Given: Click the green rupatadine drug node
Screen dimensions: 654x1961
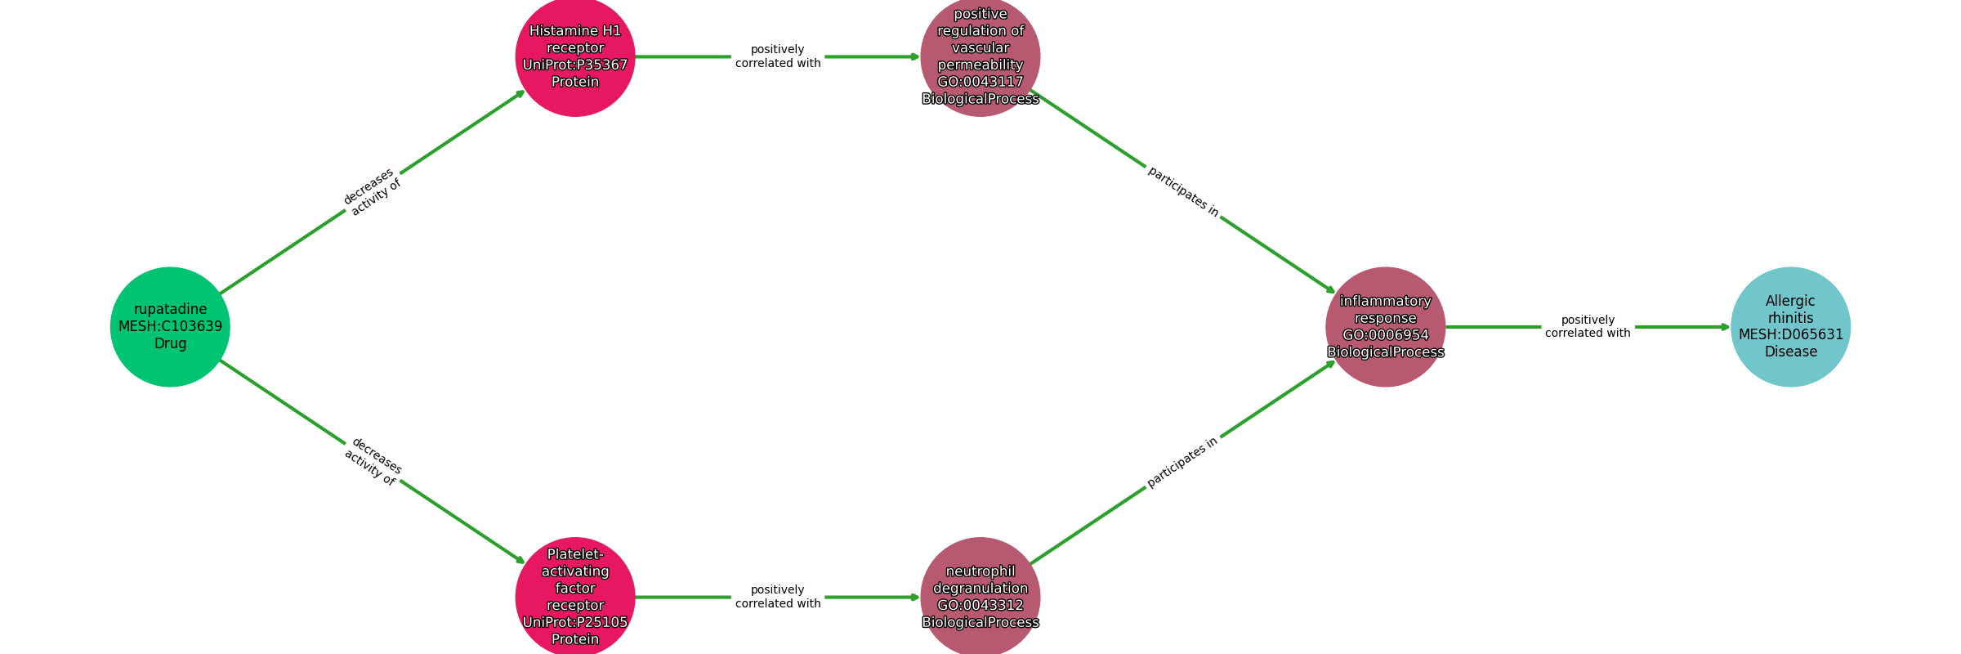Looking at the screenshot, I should coord(170,327).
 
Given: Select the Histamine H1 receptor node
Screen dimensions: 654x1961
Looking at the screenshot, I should coord(575,56).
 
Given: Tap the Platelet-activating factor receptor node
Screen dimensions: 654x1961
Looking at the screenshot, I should coord(575,597).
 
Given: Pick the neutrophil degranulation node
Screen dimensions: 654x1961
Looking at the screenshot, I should coord(981,597).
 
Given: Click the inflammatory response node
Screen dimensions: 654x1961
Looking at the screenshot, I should coord(1386,327).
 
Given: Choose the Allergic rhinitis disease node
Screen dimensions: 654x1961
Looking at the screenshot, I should coord(1791,327).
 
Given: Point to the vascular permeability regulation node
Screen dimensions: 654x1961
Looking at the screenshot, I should coord(981,56).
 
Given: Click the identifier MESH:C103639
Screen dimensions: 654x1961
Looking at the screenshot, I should coord(170,326).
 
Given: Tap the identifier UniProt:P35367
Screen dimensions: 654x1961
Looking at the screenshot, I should coord(575,65).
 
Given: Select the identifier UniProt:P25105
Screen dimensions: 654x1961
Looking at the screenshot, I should coord(575,622).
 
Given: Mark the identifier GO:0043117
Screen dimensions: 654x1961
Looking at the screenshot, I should coord(981,82).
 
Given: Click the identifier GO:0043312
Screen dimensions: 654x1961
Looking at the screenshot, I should coord(981,605).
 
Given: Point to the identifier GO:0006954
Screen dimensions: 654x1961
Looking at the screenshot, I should coord(1386,335).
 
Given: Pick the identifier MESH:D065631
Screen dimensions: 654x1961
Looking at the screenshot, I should coord(1791,334).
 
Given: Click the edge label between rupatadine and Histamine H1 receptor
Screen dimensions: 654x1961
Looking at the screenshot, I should coord(373,192).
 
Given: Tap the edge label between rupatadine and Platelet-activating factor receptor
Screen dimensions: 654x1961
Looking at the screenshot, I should coord(373,462).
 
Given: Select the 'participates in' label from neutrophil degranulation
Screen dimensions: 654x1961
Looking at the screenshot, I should coord(1182,463).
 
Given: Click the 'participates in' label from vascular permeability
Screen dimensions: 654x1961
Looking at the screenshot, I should coord(1182,192).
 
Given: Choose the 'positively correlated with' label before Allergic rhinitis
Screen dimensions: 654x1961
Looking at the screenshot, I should coord(1588,326).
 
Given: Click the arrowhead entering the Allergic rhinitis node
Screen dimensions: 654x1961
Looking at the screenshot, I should coord(1725,327).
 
